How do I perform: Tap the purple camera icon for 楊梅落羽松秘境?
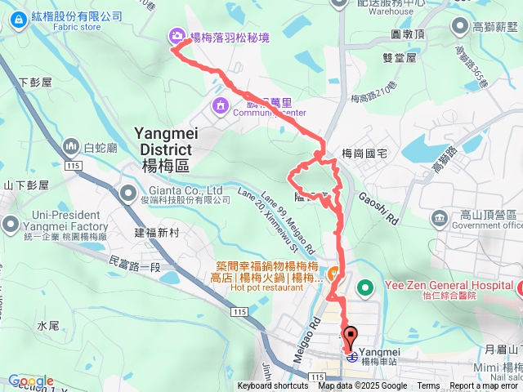click(x=177, y=36)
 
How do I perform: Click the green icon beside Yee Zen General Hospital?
click(x=367, y=287)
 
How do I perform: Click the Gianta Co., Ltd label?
click(x=182, y=189)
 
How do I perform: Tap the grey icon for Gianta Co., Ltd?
click(x=127, y=194)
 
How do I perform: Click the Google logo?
click(x=31, y=381)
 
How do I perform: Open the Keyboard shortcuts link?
click(x=273, y=386)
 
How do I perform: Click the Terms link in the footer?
click(x=428, y=386)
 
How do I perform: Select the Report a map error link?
click(x=484, y=386)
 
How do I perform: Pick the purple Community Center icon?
click(x=221, y=105)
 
